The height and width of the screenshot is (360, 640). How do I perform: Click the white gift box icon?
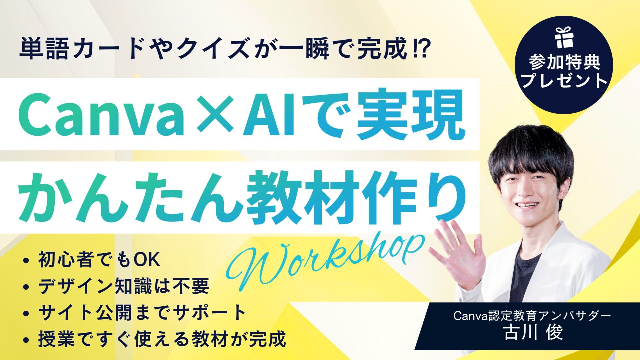pyautogui.click(x=564, y=37)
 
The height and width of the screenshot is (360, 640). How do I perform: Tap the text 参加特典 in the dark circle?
pyautogui.click(x=564, y=62)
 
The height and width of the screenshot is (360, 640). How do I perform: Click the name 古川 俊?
pyautogui.click(x=533, y=332)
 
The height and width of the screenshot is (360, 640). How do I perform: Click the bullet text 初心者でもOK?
pyautogui.click(x=99, y=259)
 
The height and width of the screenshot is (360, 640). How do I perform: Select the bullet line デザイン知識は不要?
pyautogui.click(x=124, y=286)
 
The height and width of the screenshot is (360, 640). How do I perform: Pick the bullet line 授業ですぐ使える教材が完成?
pyautogui.click(x=162, y=339)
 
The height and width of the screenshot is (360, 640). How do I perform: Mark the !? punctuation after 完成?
pyautogui.click(x=420, y=49)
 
